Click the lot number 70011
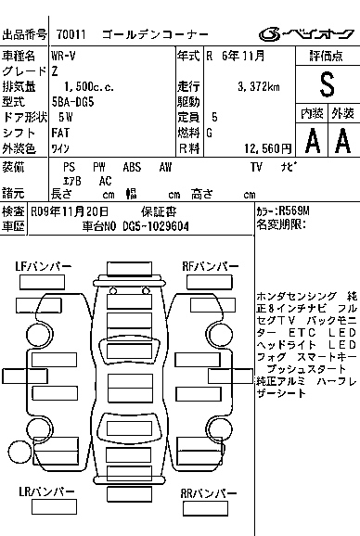71,35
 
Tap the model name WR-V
64,57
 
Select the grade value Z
55,71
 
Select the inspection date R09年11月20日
70,211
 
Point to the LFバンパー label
44,267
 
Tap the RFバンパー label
209,267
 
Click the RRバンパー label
209,491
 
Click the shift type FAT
61,133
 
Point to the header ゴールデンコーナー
160,35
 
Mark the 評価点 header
326,57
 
